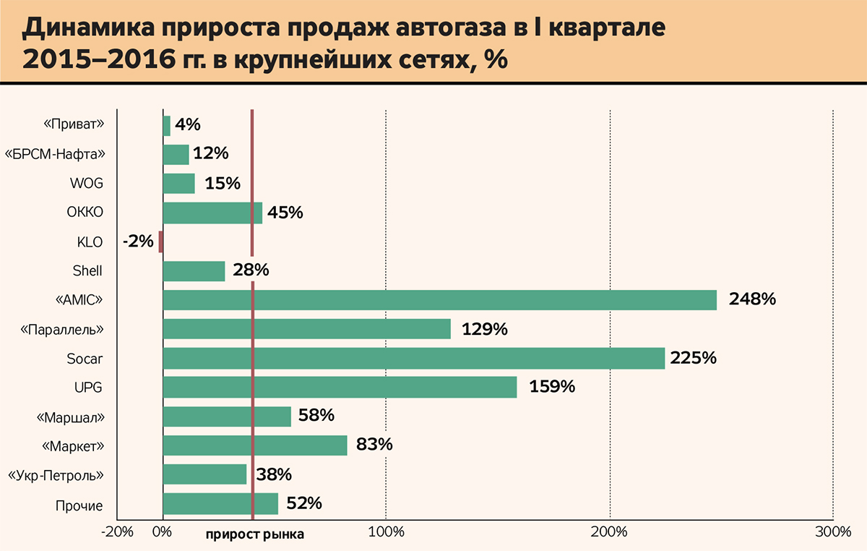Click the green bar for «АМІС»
tap(439, 300)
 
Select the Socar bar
tap(413, 359)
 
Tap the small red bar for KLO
tap(161, 242)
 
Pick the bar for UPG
tap(340, 388)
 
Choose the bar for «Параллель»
tap(306, 329)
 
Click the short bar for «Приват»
tap(167, 126)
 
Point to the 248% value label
tap(752, 299)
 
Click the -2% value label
tap(138, 242)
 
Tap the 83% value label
tap(374, 445)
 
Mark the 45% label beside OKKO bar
tap(285, 213)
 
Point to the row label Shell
tap(87, 271)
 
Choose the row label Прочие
tap(79, 505)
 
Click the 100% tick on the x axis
tap(386, 533)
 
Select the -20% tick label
tap(118, 533)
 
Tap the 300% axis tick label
tap(833, 533)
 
